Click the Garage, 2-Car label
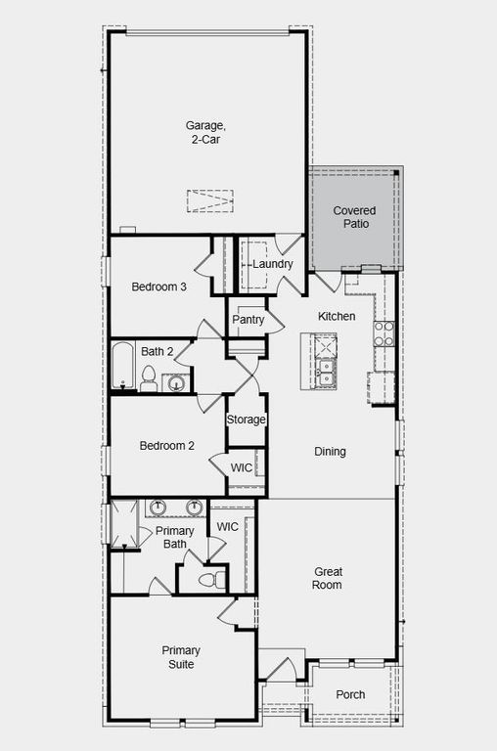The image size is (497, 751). pos(205,132)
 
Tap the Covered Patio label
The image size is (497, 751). pos(354,217)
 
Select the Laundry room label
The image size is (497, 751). pos(272,264)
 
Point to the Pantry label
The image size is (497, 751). pos(248,320)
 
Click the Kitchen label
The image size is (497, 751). pos(337,317)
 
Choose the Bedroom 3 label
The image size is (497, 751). pos(159,287)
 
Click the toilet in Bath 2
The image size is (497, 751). pos(149,377)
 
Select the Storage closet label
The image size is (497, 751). pos(247,420)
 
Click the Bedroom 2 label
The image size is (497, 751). pos(166,446)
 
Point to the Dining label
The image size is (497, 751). pos(330,452)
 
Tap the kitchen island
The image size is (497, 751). pos(324,361)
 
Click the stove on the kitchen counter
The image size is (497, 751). pos(384,333)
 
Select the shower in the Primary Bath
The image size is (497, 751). pos(123,524)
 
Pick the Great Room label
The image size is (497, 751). pos(328,578)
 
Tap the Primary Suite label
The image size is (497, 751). pos(180,657)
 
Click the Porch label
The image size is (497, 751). pos(350,695)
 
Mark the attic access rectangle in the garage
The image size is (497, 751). pos(210,199)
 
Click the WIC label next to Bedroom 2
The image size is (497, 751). pos(241,467)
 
